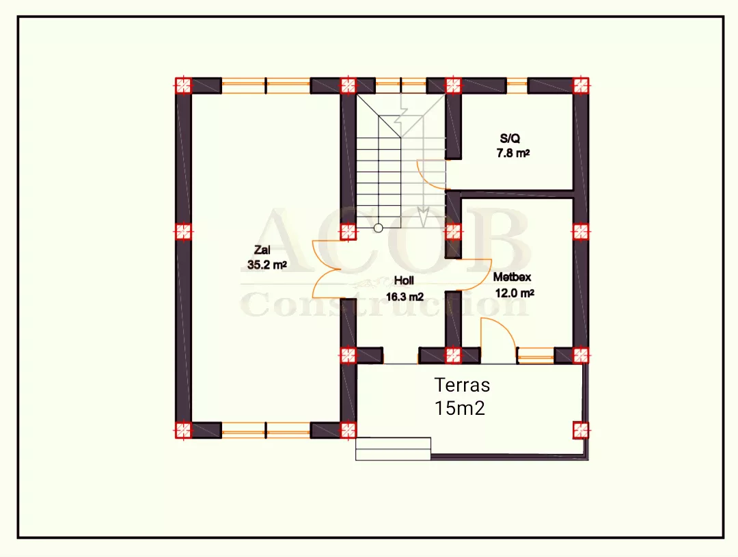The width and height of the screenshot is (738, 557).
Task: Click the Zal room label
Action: pyautogui.click(x=262, y=250)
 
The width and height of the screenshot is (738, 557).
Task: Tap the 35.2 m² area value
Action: pyautogui.click(x=267, y=265)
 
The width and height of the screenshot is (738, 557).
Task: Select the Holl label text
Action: pyautogui.click(x=404, y=281)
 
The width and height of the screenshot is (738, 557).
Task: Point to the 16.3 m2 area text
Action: pyautogui.click(x=405, y=297)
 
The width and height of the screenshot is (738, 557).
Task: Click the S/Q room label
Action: pyautogui.click(x=510, y=139)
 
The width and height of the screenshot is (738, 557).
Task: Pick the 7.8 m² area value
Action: pyautogui.click(x=513, y=154)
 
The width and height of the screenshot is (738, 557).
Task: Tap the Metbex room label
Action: pyautogui.click(x=512, y=277)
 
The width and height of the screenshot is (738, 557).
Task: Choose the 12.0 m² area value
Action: pyautogui.click(x=515, y=293)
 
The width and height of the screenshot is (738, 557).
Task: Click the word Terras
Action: pyautogui.click(x=462, y=385)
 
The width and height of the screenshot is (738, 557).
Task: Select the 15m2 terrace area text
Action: pyautogui.click(x=459, y=408)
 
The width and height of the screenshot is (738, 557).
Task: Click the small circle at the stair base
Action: pyautogui.click(x=378, y=228)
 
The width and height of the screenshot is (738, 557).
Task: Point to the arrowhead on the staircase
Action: pyautogui.click(x=424, y=217)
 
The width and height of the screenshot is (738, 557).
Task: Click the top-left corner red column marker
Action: pyautogui.click(x=183, y=85)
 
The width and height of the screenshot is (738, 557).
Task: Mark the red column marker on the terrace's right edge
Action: pyautogui.click(x=581, y=430)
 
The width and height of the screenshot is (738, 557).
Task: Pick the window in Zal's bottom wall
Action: pyautogui.click(x=266, y=430)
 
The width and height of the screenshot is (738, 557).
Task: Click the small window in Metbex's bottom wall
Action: pyautogui.click(x=536, y=356)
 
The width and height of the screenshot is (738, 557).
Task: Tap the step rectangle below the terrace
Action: pyautogui.click(x=393, y=449)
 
